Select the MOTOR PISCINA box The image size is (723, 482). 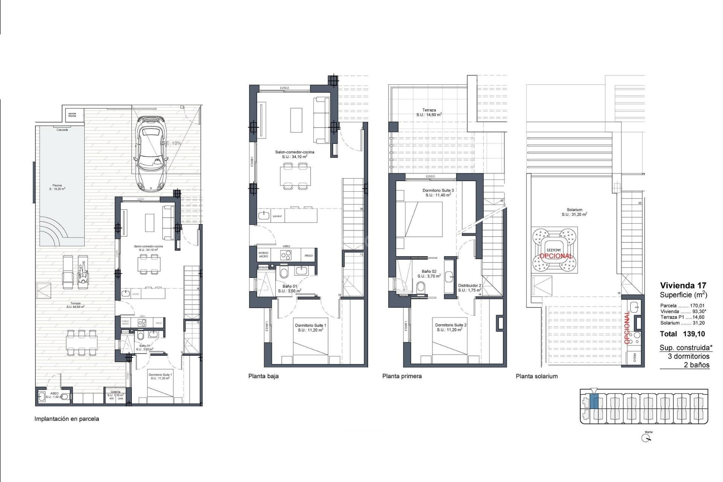pyautogui.click(x=72, y=114)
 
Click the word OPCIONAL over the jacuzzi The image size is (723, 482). pyautogui.click(x=556, y=256)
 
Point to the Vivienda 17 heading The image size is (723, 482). pyautogui.click(x=683, y=285)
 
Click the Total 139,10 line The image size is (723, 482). pyautogui.click(x=682, y=334)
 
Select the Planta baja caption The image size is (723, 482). pyautogui.click(x=263, y=376)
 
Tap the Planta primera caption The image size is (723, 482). pyautogui.click(x=402, y=376)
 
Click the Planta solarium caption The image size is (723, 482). pyautogui.click(x=537, y=376)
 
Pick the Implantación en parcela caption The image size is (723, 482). pyautogui.click(x=67, y=419)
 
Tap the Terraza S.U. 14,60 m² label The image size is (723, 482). pyautogui.click(x=429, y=112)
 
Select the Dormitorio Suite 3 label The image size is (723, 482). pyautogui.click(x=438, y=193)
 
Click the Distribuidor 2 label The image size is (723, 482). pyautogui.click(x=469, y=288)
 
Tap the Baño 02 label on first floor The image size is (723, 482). pyautogui.click(x=429, y=273)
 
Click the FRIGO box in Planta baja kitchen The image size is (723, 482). pyautogui.click(x=308, y=256)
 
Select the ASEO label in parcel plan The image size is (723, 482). pyautogui.click(x=54, y=395)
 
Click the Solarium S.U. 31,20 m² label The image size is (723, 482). pyautogui.click(x=574, y=212)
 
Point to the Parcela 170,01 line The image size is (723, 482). pyautogui.click(x=682, y=306)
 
